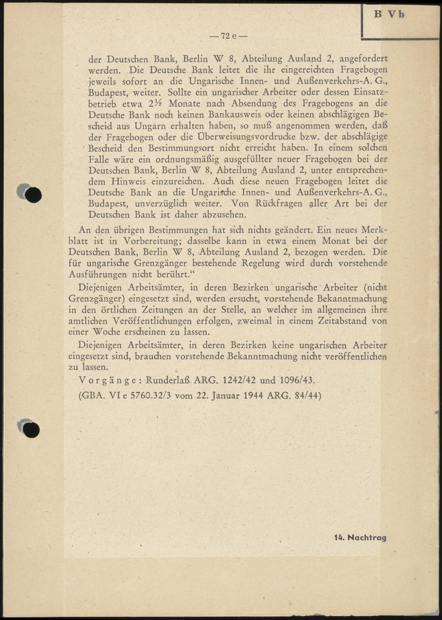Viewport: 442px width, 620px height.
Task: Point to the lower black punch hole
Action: tap(32, 430)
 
